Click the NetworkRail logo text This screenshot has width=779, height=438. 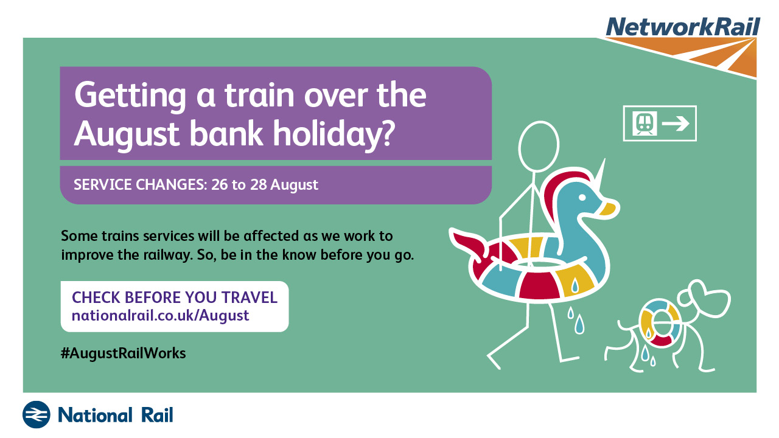(x=683, y=26)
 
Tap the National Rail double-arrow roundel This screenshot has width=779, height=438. (x=36, y=414)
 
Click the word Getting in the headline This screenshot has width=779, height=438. (x=130, y=96)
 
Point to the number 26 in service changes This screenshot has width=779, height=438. (x=219, y=184)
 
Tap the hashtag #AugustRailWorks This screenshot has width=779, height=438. (x=123, y=353)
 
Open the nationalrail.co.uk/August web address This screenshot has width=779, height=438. (x=160, y=316)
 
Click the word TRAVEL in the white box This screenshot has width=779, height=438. (x=250, y=297)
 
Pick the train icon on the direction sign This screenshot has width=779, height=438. (x=645, y=123)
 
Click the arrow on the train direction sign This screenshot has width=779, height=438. (x=676, y=123)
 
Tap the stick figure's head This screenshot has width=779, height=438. (x=539, y=147)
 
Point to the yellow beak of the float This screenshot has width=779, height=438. (x=607, y=209)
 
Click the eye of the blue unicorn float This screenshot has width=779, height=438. (x=582, y=198)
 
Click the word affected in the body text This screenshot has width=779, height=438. (x=271, y=235)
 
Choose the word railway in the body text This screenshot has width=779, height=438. (x=167, y=255)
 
